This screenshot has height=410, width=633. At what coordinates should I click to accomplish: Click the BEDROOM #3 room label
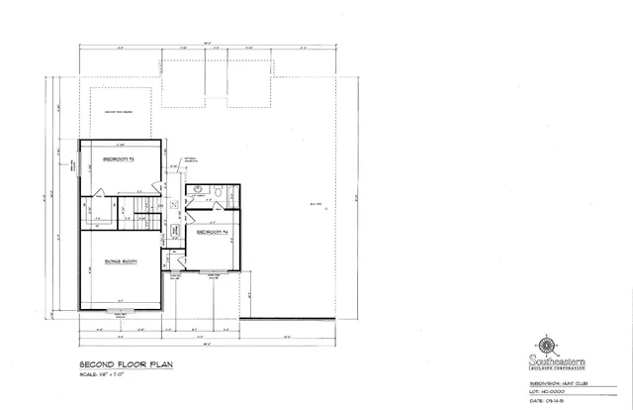120,159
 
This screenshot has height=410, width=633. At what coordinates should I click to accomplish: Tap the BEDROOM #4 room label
213,232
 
